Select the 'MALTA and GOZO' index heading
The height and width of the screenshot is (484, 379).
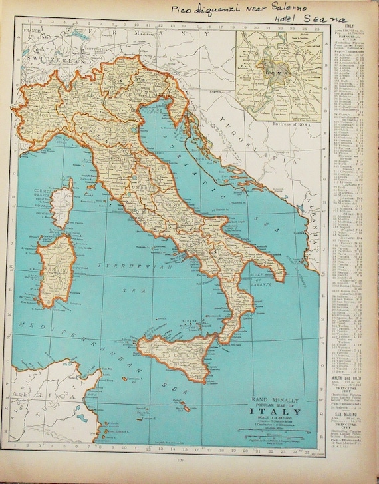pyautogui.click(x=346, y=376)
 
